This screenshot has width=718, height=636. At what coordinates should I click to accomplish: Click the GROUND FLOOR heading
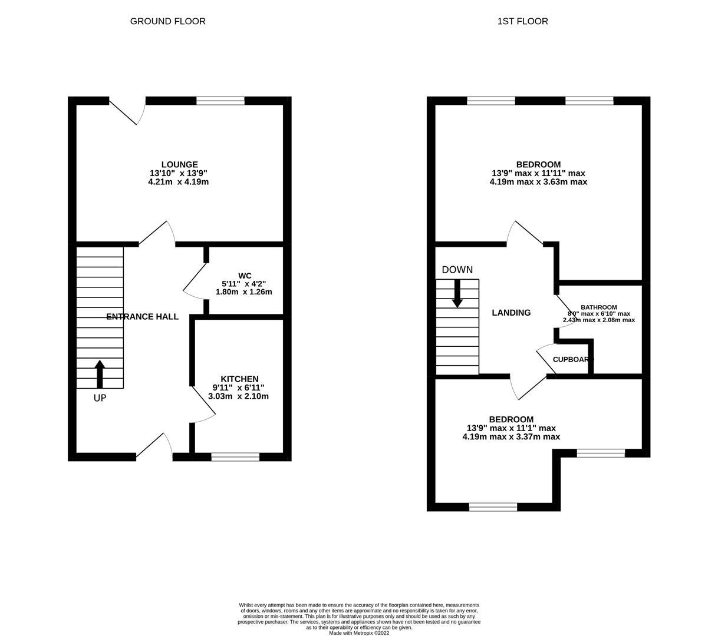[x=167, y=21]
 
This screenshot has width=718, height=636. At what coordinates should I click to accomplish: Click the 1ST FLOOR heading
[x=522, y=21]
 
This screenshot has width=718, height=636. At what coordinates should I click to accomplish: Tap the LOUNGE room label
[x=179, y=164]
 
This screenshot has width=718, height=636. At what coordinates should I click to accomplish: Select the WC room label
[x=245, y=276]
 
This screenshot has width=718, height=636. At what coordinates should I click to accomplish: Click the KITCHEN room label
[x=239, y=379]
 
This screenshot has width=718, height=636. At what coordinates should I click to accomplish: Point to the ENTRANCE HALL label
[x=142, y=317]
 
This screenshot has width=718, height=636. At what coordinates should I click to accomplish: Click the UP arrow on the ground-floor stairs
[x=100, y=373]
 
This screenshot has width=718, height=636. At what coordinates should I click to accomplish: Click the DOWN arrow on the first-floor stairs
[x=457, y=293]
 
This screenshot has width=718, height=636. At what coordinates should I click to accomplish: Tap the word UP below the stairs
[x=100, y=398]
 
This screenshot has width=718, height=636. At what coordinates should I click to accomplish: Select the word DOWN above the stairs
[x=457, y=270]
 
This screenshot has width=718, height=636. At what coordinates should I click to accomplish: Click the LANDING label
[x=511, y=313]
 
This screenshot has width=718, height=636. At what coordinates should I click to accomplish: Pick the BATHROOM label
[x=598, y=307]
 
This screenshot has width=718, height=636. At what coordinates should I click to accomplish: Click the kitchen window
[x=235, y=456]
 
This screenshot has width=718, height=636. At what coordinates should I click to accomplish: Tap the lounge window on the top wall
[x=220, y=101]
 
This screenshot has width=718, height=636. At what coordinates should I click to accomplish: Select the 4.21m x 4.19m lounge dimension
[x=179, y=182]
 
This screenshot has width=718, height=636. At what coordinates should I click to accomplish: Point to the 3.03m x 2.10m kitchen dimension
[x=238, y=396]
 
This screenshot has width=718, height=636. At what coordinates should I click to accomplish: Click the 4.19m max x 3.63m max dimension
[x=538, y=182]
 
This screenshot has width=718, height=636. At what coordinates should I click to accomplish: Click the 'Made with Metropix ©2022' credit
[x=358, y=633]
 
